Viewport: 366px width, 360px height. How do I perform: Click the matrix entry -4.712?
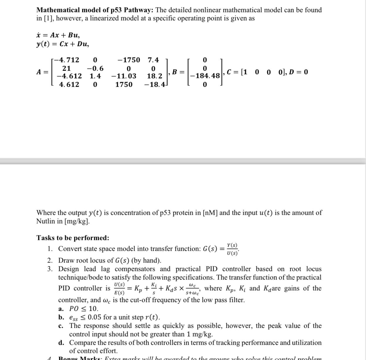(68, 60)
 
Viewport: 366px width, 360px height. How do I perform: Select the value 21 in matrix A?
(67, 68)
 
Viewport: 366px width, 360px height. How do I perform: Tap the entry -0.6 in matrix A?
(95, 68)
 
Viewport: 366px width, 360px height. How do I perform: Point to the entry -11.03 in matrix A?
(124, 76)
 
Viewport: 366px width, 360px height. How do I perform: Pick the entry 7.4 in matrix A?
(153, 60)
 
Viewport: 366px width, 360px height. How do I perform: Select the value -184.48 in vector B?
(205, 76)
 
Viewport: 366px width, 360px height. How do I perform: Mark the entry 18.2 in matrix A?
(154, 76)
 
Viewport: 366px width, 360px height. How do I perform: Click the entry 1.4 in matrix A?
(95, 76)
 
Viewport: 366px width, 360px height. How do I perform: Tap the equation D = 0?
(298, 72)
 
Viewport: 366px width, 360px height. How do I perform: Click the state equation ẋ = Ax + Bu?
(58, 35)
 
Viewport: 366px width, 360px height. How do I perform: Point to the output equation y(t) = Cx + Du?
(62, 44)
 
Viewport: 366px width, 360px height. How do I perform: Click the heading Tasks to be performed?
(73, 238)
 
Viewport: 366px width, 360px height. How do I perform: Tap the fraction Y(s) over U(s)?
(232, 249)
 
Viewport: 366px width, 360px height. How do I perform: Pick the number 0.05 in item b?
(94, 317)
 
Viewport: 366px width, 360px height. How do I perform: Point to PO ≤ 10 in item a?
(84, 309)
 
